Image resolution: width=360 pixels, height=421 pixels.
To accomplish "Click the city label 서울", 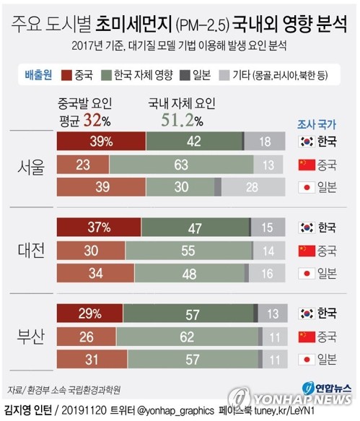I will click(x=31, y=165).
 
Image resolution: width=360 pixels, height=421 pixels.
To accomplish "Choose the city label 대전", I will click(x=31, y=251).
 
